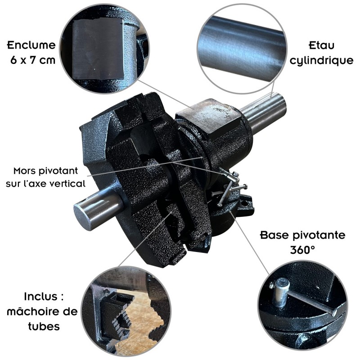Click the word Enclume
(31, 45)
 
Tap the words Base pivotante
(303, 235)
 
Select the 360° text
(302, 250)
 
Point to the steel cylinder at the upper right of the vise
(265, 113)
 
